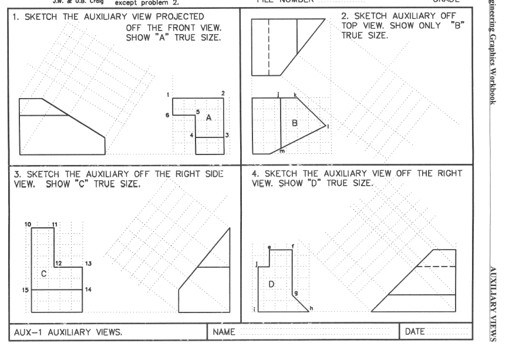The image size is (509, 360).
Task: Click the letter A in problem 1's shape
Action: [208, 118]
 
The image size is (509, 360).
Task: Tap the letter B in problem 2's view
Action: [295, 123]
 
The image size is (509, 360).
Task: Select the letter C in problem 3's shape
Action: [43, 274]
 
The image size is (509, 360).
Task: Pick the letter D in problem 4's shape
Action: [272, 284]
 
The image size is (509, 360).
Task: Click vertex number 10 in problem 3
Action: [27, 225]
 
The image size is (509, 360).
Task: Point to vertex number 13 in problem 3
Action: [88, 264]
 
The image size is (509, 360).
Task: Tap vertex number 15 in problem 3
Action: [26, 290]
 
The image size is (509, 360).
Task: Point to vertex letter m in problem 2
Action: [282, 152]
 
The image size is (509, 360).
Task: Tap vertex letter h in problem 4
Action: [311, 308]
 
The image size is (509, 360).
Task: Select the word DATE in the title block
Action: [414, 332]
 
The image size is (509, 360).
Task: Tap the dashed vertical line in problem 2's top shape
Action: [269, 47]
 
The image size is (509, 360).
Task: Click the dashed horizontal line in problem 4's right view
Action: [436, 267]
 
